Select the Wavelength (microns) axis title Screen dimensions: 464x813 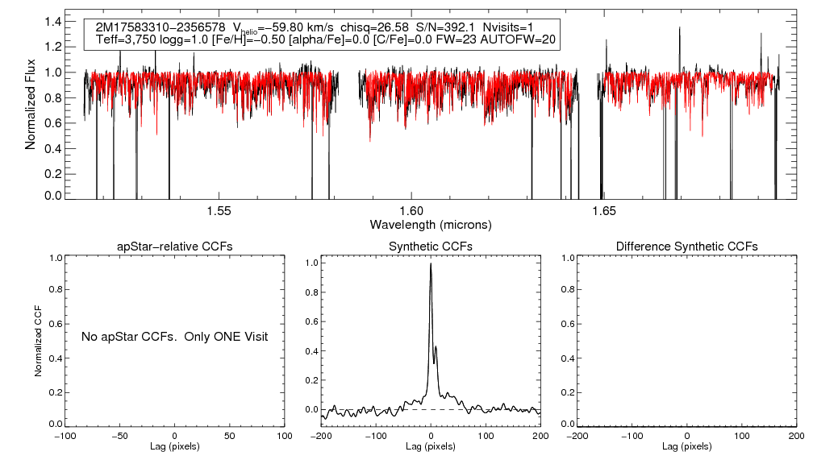pos(431,224)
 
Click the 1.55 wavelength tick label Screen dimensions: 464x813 pos(219,211)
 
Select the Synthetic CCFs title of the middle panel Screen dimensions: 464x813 pos(431,246)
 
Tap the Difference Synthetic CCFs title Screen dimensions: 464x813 pos(686,246)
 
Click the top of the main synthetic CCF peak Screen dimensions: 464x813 pos(431,263)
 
